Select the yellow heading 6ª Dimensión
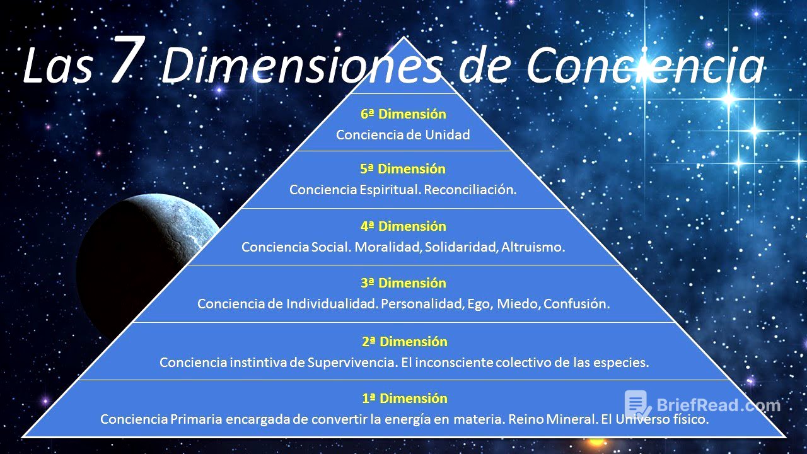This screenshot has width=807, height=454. point(403,114)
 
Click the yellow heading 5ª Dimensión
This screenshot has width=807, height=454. point(403,169)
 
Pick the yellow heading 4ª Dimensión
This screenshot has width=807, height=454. point(403,226)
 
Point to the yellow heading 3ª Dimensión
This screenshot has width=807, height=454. point(403,283)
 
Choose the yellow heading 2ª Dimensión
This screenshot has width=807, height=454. point(404,342)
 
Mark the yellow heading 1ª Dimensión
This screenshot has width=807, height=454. point(404,399)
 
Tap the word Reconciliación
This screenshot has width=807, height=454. point(470,190)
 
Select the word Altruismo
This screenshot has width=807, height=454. point(533,247)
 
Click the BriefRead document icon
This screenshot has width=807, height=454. point(637,404)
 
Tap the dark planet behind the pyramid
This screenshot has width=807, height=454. point(139,252)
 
